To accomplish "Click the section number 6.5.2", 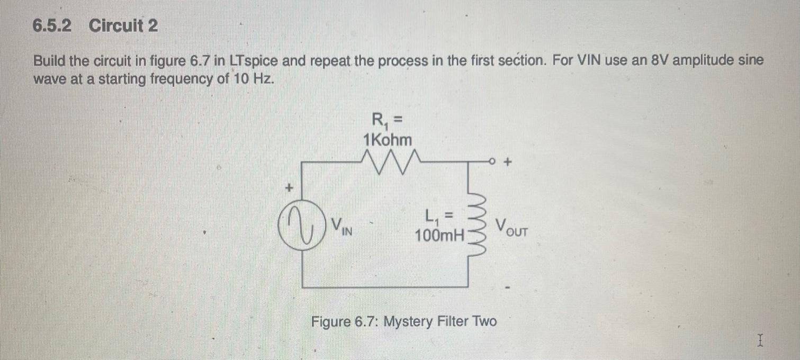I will tap(51, 25).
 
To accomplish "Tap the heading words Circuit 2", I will tap(123, 25).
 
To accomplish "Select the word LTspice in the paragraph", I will tap(254, 61).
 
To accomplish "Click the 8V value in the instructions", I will tap(641, 61).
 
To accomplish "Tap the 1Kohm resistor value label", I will tap(388, 140).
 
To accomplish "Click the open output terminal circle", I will tap(492, 160).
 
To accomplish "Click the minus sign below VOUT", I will tap(508, 289).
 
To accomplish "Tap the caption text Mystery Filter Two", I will tap(439, 321).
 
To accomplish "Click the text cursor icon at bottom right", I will tap(760, 340).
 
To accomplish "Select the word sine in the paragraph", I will tap(752, 61).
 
